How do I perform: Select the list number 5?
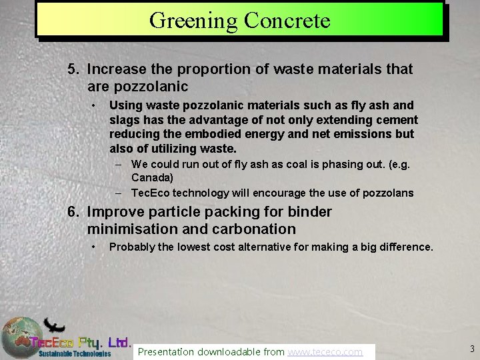point(73,69)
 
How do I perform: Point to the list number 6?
point(73,212)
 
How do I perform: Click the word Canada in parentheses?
point(153,178)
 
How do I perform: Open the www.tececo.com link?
point(325,351)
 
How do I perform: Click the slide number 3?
point(472,348)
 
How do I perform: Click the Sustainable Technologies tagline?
point(74,354)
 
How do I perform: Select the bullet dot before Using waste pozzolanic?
point(96,105)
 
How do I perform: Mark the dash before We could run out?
point(117,163)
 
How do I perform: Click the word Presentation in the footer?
point(165,351)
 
